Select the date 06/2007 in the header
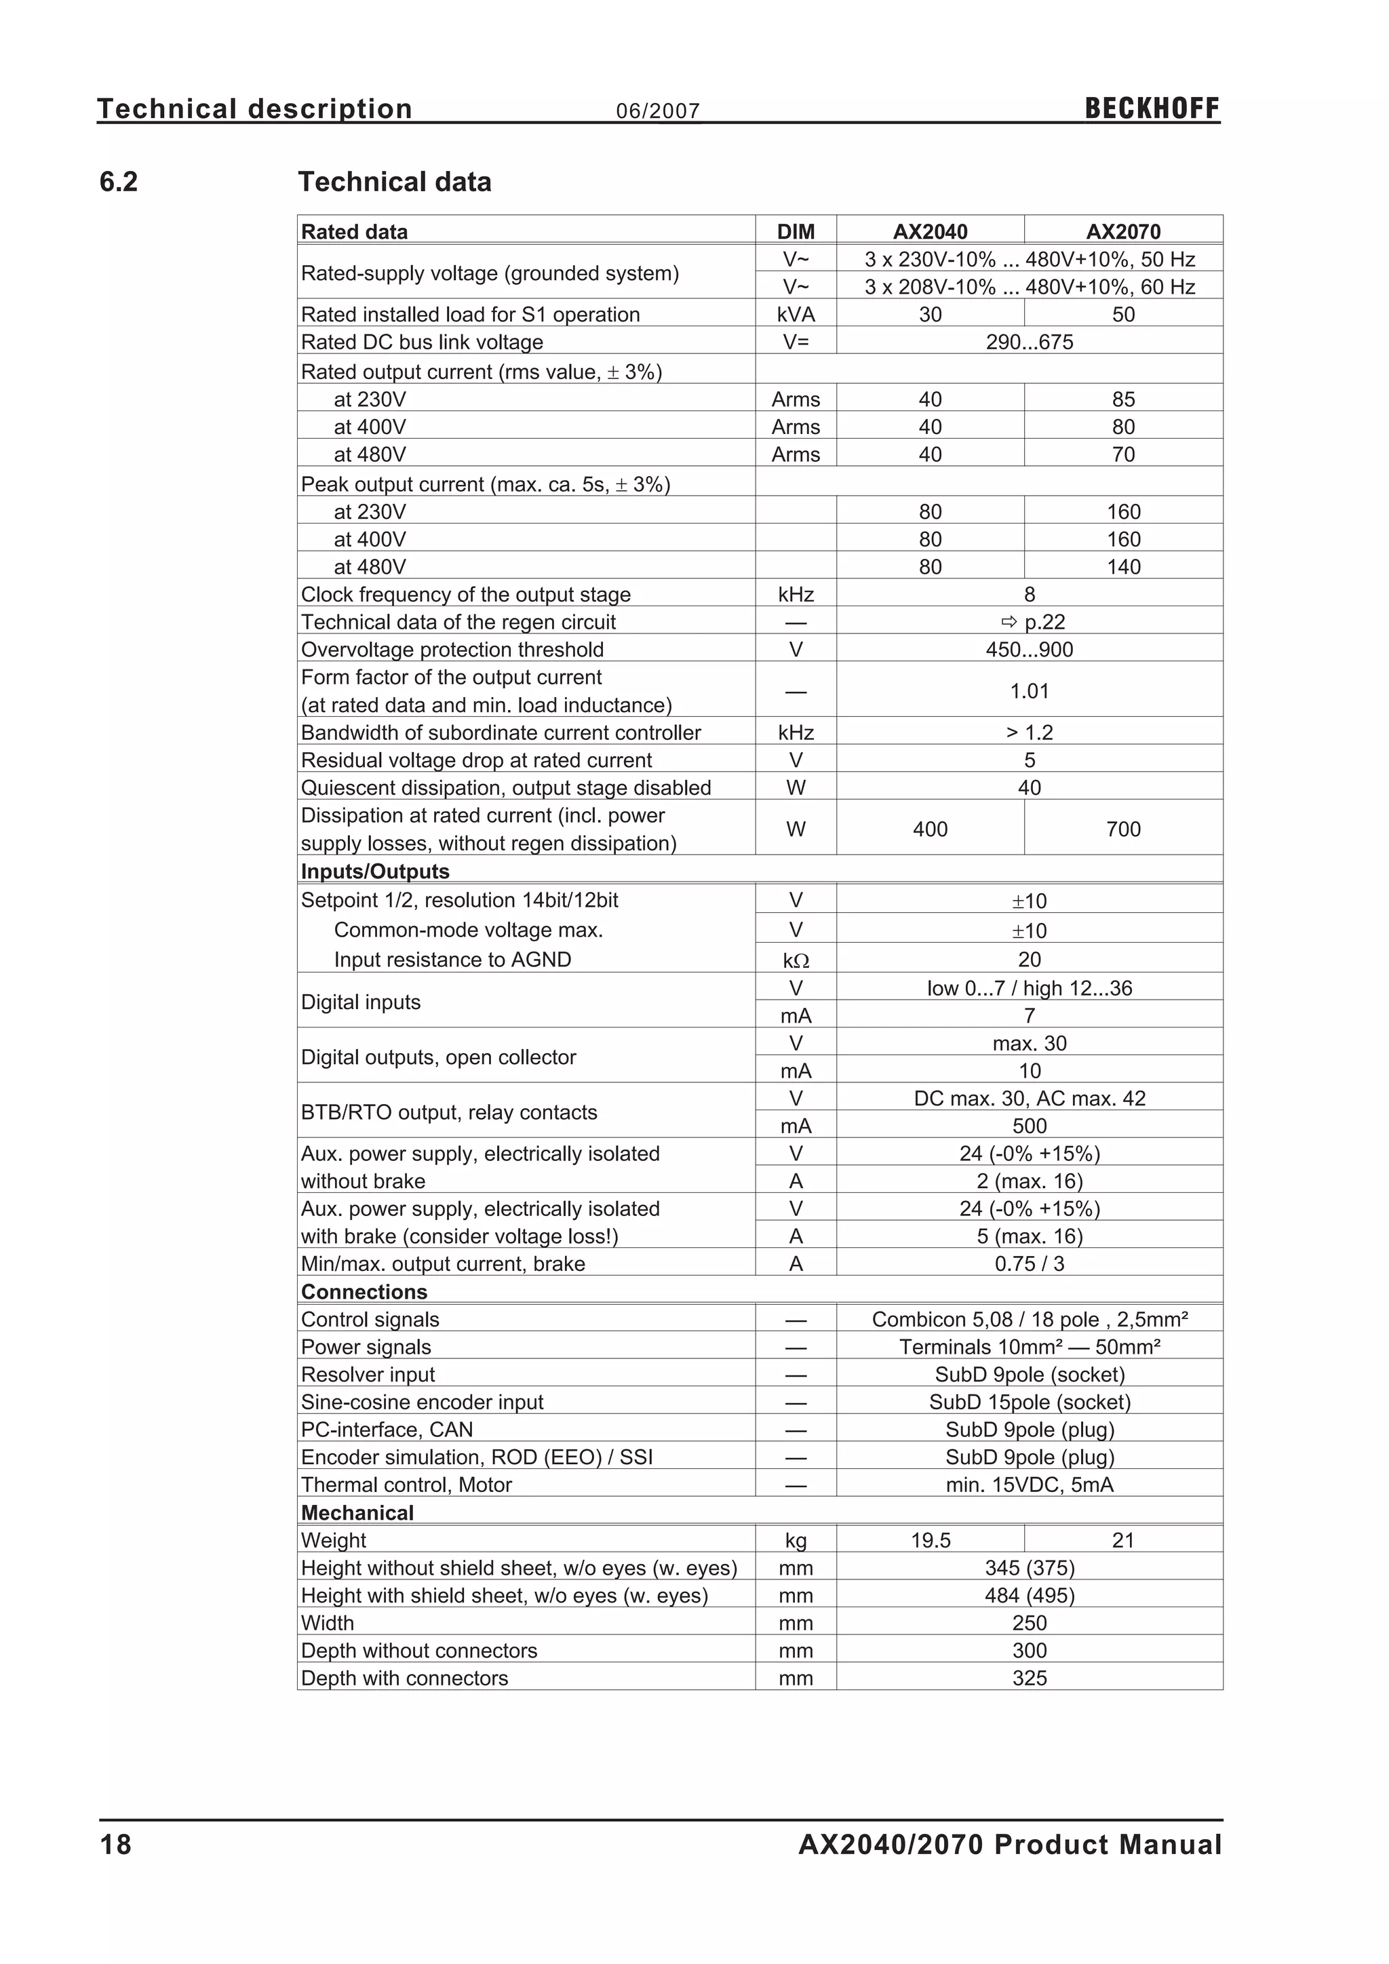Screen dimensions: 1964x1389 tap(658, 111)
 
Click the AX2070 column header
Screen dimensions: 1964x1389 tap(1123, 232)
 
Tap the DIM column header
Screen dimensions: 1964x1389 tap(796, 232)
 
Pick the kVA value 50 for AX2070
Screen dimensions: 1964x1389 tap(1123, 314)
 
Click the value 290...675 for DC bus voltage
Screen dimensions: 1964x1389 tap(1029, 342)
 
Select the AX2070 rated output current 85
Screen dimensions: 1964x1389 tap(1123, 399)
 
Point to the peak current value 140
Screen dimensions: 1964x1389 tap(1123, 566)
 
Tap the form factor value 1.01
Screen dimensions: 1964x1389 tap(1029, 691)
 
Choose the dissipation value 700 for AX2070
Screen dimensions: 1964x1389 tap(1123, 829)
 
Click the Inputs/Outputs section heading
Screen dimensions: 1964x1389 tap(374, 871)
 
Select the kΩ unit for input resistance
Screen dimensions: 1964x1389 tap(796, 960)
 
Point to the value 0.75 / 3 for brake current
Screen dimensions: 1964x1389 tap(1029, 1263)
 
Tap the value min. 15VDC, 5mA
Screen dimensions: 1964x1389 tap(1029, 1485)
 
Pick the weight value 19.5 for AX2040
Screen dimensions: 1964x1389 tap(930, 1541)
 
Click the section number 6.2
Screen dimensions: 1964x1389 tap(118, 182)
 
